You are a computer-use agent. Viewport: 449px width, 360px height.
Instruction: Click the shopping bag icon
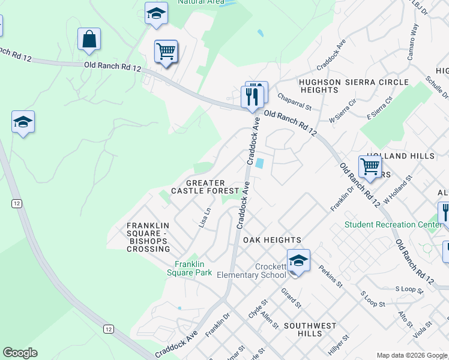pyautogui.click(x=89, y=40)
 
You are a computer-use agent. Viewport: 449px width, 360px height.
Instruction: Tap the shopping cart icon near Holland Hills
pyautogui.click(x=370, y=166)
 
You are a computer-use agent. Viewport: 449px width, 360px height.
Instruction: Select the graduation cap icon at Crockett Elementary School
pyautogui.click(x=298, y=260)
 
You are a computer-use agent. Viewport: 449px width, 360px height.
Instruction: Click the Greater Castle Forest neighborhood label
pyautogui.click(x=205, y=187)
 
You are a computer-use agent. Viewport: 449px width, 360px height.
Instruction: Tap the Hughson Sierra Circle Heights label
pyautogui.click(x=354, y=86)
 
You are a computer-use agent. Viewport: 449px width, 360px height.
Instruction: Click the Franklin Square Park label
pyautogui.click(x=193, y=268)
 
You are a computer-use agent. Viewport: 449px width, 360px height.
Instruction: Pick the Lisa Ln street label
pyautogui.click(x=205, y=217)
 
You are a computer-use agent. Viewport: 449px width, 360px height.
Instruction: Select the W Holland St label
pyautogui.click(x=399, y=190)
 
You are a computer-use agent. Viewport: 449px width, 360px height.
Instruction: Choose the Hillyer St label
pyautogui.click(x=339, y=346)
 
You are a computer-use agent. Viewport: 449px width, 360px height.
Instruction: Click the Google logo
pyautogui.click(x=20, y=353)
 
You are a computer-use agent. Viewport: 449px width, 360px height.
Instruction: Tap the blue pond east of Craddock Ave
pyautogui.click(x=260, y=163)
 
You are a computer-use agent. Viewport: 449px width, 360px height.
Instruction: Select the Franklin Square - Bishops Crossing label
pyautogui.click(x=148, y=237)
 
